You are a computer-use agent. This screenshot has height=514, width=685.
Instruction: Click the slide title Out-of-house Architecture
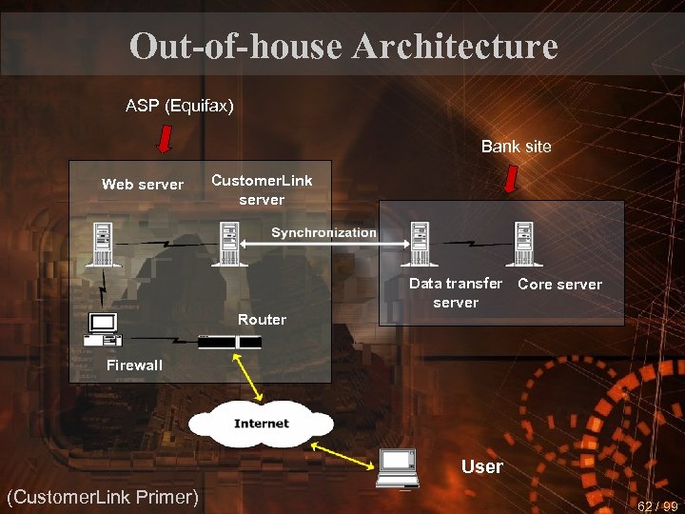pos(342,46)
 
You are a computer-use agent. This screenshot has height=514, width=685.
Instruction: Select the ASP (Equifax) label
pos(180,106)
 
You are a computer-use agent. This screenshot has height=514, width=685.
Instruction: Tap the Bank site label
pos(516,146)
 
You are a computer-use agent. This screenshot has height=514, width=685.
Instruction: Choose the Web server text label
pos(143,185)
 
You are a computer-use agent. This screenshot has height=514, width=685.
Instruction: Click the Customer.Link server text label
pos(262,189)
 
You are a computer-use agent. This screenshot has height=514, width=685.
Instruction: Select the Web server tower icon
pos(102,243)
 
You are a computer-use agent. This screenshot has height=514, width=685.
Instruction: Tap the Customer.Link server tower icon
pos(228,243)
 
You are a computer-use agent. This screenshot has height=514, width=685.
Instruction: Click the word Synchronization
pos(323,232)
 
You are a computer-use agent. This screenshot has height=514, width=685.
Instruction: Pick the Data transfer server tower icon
pos(419,243)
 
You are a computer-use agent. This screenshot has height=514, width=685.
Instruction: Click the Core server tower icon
pos(522,243)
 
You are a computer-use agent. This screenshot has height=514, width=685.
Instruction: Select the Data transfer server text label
pos(456,292)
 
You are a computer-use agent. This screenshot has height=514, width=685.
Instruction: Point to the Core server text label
pos(559,284)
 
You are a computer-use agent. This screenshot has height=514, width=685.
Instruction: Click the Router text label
pos(262,320)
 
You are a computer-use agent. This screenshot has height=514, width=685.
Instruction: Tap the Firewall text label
pos(134,365)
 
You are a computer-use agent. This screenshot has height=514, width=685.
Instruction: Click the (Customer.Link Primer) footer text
pos(102,496)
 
